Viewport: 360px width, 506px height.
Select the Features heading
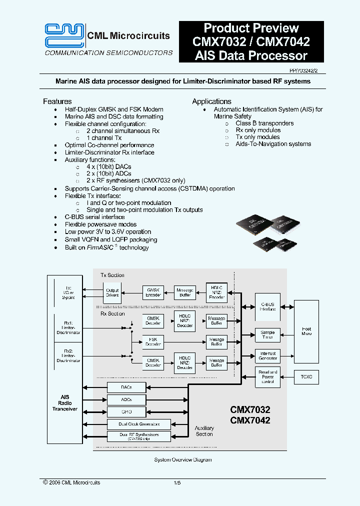(57, 101)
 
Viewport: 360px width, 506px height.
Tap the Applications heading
(211, 101)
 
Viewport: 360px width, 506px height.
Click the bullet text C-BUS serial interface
(94, 217)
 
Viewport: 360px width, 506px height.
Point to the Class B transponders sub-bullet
(264, 123)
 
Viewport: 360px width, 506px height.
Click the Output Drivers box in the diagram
(112, 292)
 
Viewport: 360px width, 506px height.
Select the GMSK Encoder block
(153, 292)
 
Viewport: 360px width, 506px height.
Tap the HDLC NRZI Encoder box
(216, 292)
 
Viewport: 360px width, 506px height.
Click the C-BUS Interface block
(267, 306)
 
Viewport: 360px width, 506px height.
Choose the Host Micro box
(306, 331)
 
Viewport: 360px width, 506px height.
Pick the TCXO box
(306, 377)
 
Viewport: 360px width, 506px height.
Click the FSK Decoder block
(153, 342)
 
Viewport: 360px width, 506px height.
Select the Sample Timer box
(267, 335)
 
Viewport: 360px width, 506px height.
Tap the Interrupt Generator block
(267, 355)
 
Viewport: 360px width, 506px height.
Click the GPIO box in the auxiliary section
(126, 411)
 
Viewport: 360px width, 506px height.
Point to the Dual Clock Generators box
(139, 424)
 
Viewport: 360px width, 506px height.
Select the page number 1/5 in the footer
(177, 482)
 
